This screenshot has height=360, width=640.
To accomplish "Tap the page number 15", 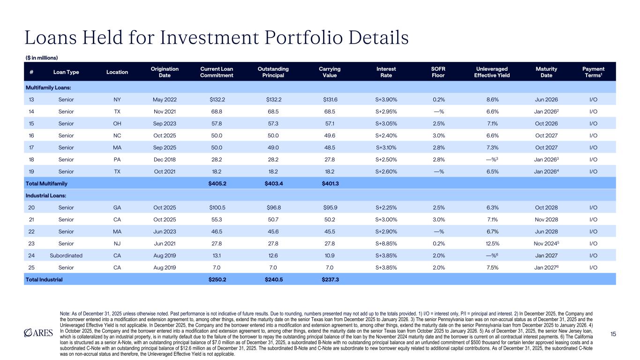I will (x=613, y=333).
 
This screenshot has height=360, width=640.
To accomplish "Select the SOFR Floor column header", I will (x=438, y=72).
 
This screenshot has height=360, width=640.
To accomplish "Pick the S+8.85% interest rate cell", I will (x=386, y=243).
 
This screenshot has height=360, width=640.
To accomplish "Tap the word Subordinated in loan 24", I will (x=66, y=255).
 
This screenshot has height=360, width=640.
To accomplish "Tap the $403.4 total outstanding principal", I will (x=273, y=182).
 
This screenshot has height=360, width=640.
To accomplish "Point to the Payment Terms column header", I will (x=593, y=72).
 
